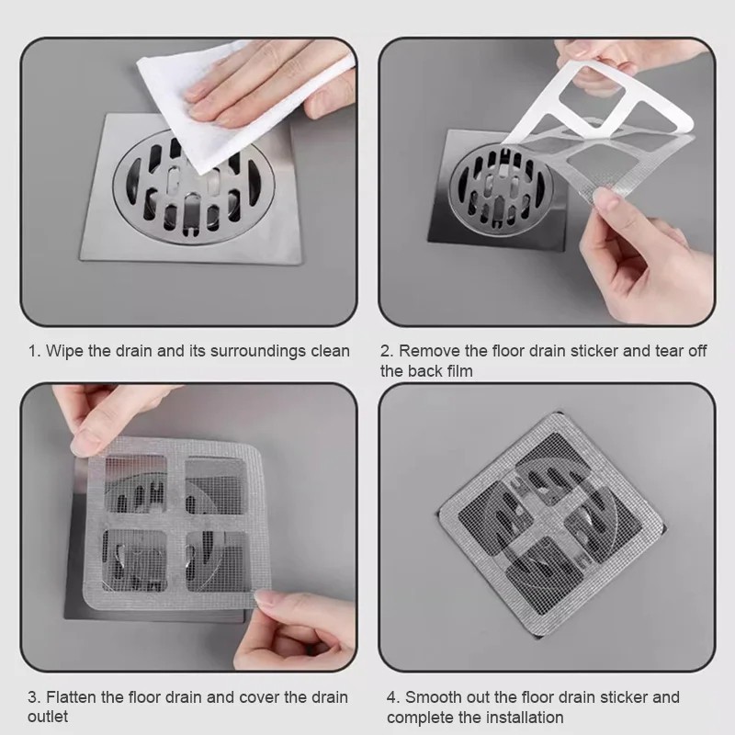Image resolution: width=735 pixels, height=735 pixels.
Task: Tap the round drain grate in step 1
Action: click(194, 187)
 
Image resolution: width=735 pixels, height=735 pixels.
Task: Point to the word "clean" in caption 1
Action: click(331, 351)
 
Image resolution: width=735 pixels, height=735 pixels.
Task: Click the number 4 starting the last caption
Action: click(391, 697)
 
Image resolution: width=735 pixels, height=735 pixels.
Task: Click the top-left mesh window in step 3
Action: click(134, 484)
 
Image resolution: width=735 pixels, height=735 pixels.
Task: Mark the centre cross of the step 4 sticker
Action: click(552, 525)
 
